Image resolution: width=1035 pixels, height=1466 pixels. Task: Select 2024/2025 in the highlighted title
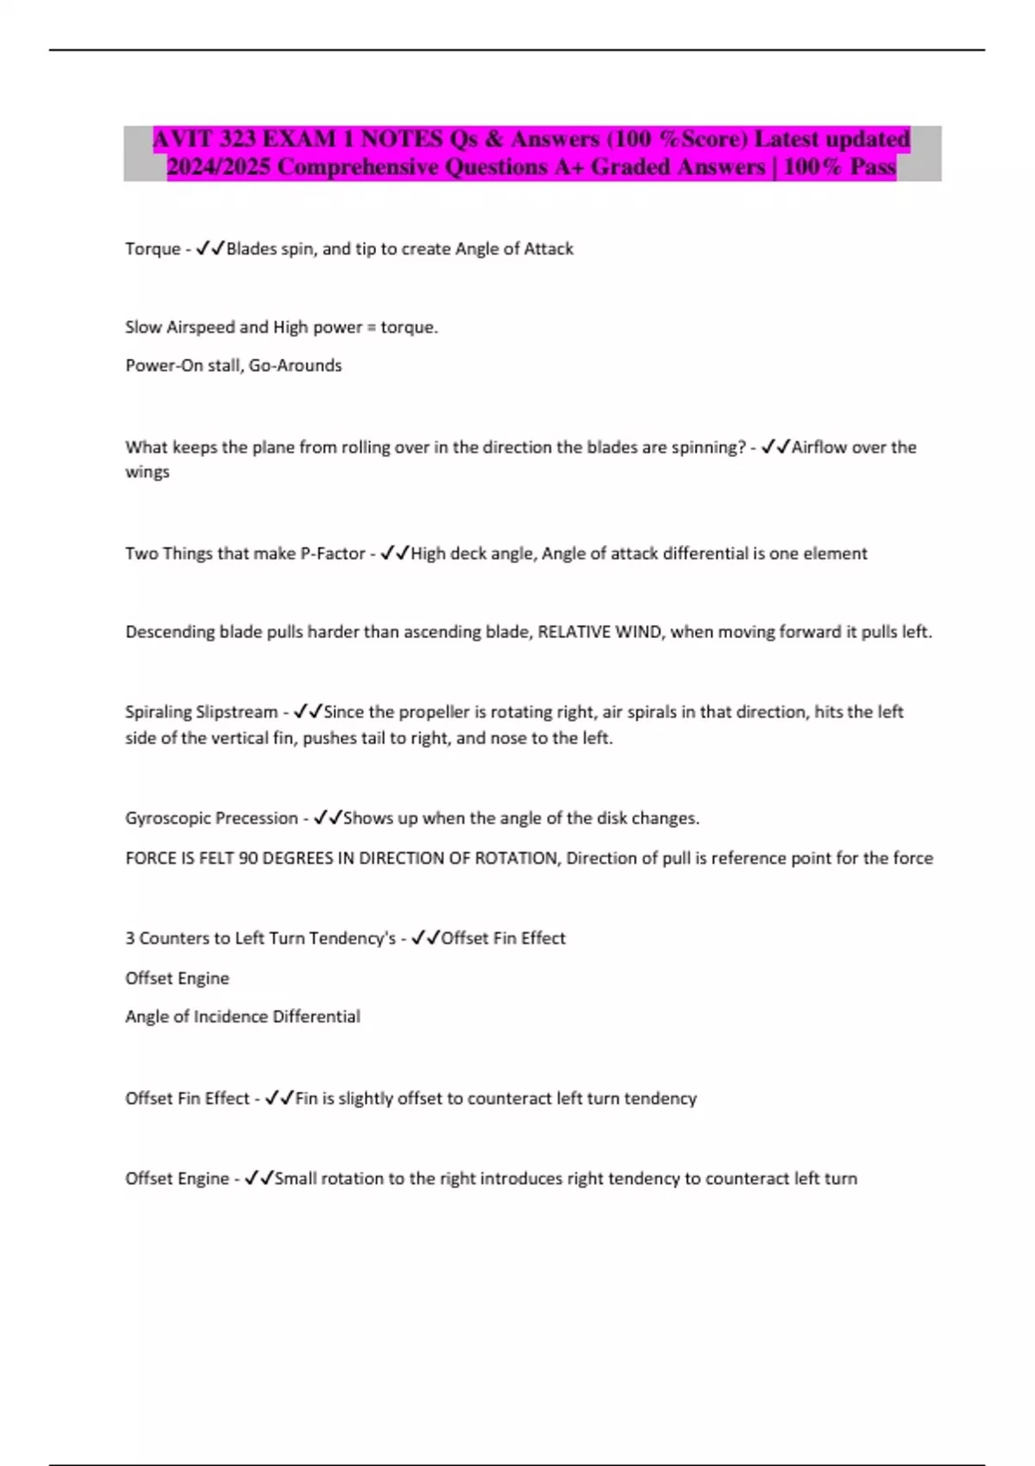pyautogui.click(x=219, y=166)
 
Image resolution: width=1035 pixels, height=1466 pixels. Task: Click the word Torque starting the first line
pyautogui.click(x=153, y=248)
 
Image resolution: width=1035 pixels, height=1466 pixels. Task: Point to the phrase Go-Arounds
pyautogui.click(x=295, y=366)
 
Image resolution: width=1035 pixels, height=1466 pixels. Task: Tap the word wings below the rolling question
pyautogui.click(x=147, y=472)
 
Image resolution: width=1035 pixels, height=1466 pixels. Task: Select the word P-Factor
pyautogui.click(x=332, y=554)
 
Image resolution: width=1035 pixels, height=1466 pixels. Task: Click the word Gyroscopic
pyautogui.click(x=168, y=818)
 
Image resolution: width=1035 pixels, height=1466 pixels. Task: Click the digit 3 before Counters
pyautogui.click(x=130, y=938)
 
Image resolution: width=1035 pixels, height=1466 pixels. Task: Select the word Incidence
pyautogui.click(x=230, y=1017)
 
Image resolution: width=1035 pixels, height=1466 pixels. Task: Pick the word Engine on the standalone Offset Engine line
pyautogui.click(x=204, y=979)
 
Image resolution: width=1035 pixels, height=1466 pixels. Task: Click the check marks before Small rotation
pyautogui.click(x=259, y=1178)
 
